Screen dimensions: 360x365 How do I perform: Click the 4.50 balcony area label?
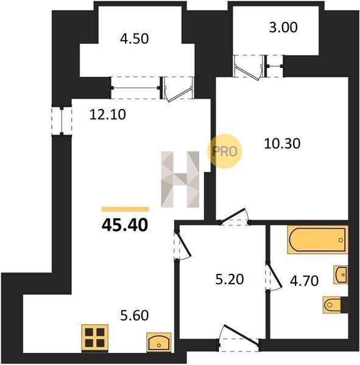(134, 39)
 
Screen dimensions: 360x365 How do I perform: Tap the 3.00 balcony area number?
(283, 27)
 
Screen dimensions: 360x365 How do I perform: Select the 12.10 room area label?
(107, 114)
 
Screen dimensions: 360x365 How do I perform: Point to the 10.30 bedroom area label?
(282, 144)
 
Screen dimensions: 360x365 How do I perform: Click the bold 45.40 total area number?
(125, 225)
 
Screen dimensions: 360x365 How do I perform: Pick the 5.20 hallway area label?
(230, 279)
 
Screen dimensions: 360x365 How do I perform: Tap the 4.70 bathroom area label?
(304, 280)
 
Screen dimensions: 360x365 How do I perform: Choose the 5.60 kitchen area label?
(134, 316)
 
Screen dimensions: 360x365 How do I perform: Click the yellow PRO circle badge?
(225, 151)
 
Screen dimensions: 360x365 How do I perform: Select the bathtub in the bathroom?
(317, 240)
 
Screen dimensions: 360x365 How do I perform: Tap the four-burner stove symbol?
(94, 338)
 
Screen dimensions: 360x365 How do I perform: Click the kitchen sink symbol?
(159, 342)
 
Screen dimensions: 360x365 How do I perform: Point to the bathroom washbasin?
(341, 275)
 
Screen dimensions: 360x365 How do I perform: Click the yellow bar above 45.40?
(125, 209)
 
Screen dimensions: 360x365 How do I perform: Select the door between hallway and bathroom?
(274, 276)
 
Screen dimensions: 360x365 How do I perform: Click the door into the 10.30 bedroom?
(235, 217)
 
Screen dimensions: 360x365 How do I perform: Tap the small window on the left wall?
(62, 121)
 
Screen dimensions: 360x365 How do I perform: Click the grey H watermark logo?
(180, 179)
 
